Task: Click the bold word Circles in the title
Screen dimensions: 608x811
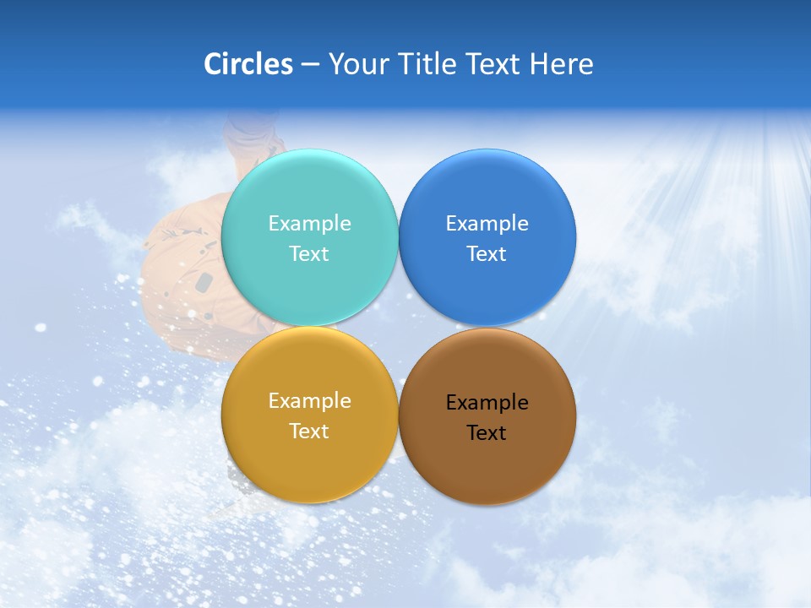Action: (248, 64)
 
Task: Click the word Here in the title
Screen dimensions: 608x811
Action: (562, 64)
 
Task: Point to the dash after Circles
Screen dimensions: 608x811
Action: (310, 65)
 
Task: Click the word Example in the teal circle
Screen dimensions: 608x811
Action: (309, 223)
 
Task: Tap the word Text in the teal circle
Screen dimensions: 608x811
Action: (309, 253)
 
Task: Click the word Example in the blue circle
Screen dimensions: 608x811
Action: (487, 223)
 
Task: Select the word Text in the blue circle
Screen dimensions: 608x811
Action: (487, 253)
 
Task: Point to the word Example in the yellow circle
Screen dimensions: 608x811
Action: (309, 400)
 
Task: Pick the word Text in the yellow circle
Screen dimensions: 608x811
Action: (309, 431)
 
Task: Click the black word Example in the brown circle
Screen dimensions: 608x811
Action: (487, 402)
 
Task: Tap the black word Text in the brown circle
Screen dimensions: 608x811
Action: (487, 432)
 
